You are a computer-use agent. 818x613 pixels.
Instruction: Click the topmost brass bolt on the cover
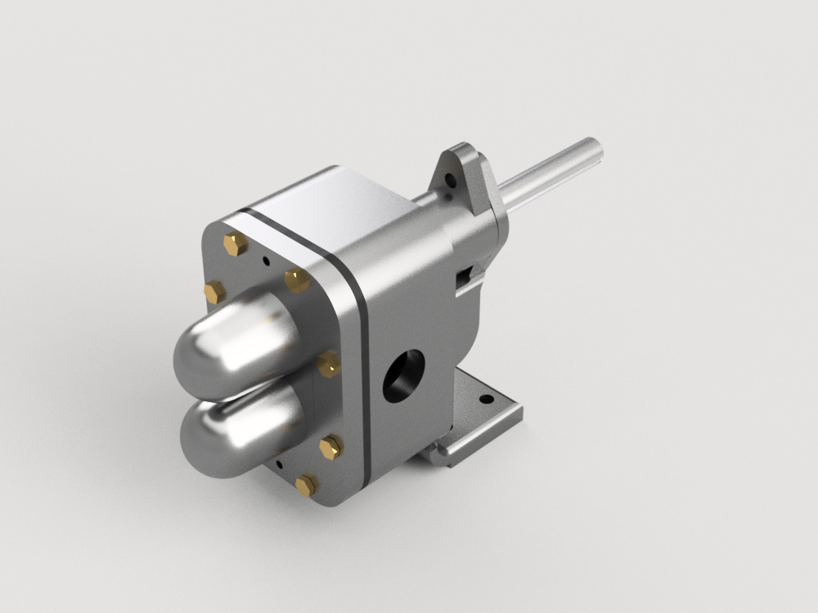(x=236, y=243)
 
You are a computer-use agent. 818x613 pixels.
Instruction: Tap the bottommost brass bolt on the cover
(x=305, y=485)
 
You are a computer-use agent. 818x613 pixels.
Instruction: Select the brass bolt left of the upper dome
(x=214, y=291)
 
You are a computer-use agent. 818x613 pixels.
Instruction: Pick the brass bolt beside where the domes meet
(x=329, y=363)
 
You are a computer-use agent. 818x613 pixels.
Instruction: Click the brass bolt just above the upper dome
(x=297, y=280)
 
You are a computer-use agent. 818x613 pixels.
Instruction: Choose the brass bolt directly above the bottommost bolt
(x=331, y=446)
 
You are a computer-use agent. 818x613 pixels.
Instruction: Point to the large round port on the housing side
(x=403, y=377)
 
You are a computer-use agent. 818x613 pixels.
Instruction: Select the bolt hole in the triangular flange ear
(x=447, y=177)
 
